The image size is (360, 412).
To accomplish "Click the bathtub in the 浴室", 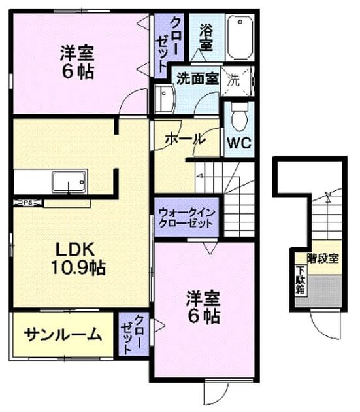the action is pyautogui.click(x=240, y=37).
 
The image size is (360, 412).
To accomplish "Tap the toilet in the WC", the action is pyautogui.click(x=239, y=116).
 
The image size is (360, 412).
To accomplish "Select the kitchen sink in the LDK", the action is pyautogui.click(x=69, y=182).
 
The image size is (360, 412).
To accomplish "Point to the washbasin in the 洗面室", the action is pyautogui.click(x=165, y=99).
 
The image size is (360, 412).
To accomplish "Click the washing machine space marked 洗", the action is pyautogui.click(x=237, y=80).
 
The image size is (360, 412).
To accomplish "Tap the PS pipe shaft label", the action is pyautogui.click(x=27, y=203).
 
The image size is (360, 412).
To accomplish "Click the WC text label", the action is pyautogui.click(x=239, y=143).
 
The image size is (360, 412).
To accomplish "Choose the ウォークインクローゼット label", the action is pyautogui.click(x=187, y=218).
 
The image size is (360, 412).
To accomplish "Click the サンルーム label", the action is pyautogui.click(x=63, y=335).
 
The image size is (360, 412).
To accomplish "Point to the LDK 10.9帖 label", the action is pyautogui.click(x=78, y=258).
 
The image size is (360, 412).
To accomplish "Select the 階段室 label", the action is pyautogui.click(x=323, y=258).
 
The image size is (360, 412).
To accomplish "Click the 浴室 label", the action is pyautogui.click(x=206, y=37).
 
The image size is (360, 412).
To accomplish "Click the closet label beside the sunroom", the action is pyautogui.click(x=132, y=334).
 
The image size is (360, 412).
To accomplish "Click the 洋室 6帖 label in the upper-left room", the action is pyautogui.click(x=77, y=62).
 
